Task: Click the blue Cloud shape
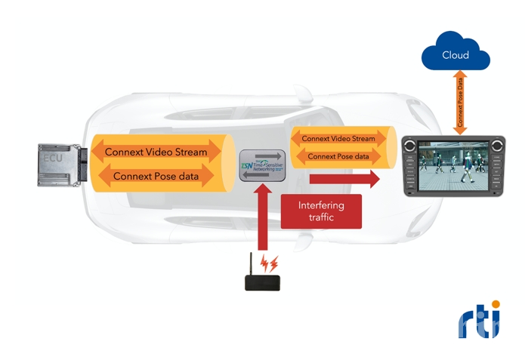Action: coord(456,53)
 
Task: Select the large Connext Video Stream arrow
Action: coord(156,152)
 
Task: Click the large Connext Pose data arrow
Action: coord(156,177)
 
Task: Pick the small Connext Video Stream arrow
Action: coord(338,139)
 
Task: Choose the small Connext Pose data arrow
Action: coord(338,156)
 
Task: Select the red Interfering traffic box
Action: coord(321,211)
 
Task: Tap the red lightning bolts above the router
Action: coord(270,263)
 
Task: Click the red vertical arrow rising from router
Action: coord(261,219)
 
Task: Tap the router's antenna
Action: coord(252,265)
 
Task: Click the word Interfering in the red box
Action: coord(321,205)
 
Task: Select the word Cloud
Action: coord(456,55)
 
